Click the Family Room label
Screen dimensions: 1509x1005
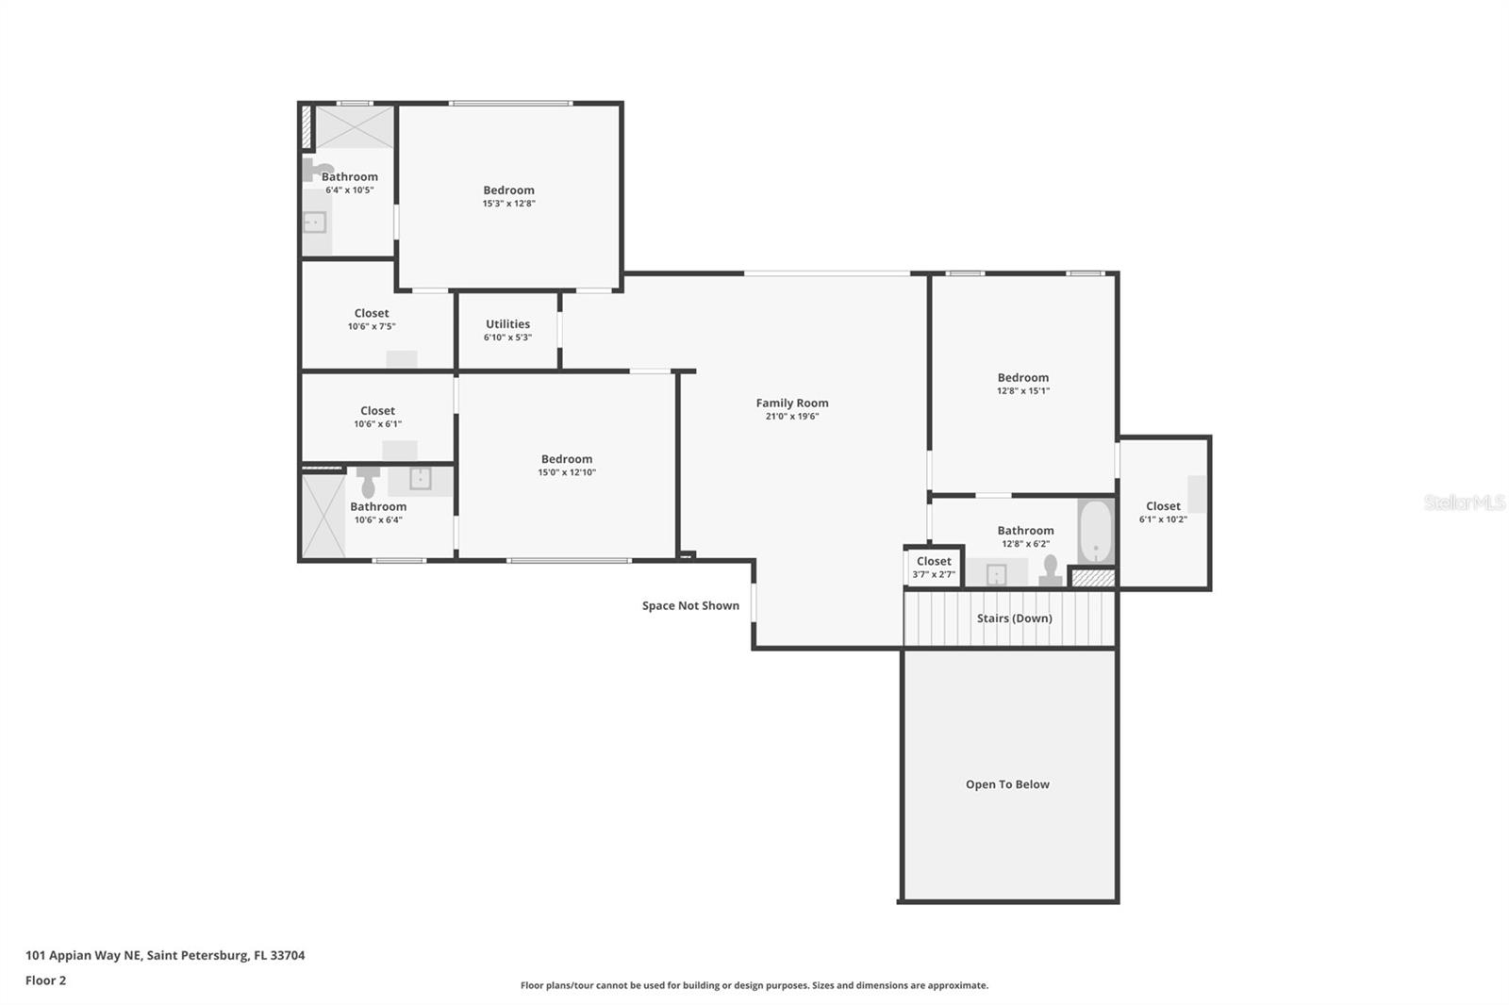(792, 403)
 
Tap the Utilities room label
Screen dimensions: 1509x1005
(508, 324)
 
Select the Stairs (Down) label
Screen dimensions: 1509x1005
(1015, 618)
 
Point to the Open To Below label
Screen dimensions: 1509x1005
(1007, 784)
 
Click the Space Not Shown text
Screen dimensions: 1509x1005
(690, 605)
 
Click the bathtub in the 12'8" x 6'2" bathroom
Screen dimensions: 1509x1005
(1096, 532)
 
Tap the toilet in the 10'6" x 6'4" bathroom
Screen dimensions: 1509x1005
(368, 480)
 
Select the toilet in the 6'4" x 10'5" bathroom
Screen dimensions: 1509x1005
(317, 169)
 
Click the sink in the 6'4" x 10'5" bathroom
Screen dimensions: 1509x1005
(315, 222)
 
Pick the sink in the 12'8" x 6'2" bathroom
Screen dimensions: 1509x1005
(996, 574)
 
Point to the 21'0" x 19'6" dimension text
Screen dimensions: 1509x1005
(792, 417)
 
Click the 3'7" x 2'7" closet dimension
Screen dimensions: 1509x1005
(934, 574)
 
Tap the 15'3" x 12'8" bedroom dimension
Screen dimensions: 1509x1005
(508, 204)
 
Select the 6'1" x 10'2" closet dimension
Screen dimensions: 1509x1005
(1164, 519)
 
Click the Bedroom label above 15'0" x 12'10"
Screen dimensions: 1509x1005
(567, 459)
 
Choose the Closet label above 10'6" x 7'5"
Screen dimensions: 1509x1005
(372, 313)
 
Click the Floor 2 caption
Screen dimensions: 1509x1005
(46, 980)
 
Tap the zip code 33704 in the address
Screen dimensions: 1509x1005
(288, 955)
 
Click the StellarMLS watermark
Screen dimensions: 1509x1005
(1465, 502)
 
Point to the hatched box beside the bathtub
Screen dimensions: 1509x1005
(1093, 578)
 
